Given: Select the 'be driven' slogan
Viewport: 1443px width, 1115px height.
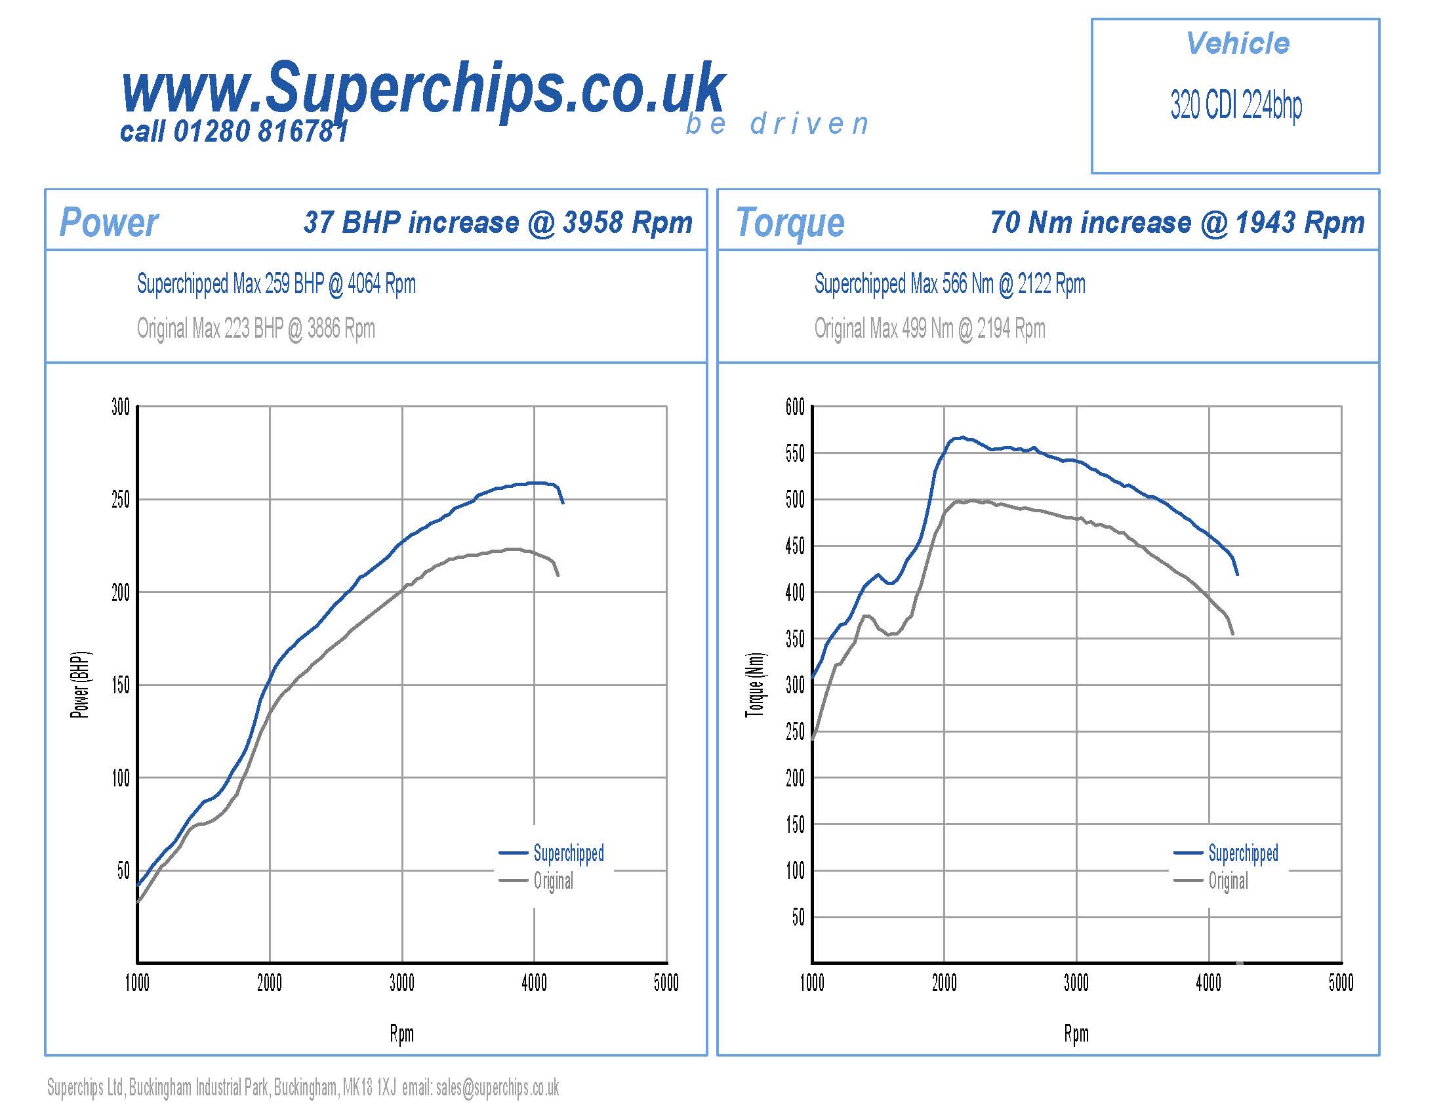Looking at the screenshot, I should [x=777, y=124].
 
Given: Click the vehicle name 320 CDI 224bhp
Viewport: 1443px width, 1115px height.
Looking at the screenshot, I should [x=1236, y=105].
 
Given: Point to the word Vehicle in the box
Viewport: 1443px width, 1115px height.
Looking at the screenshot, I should [x=1238, y=43].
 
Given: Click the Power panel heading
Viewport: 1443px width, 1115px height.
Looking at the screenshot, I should [x=109, y=222].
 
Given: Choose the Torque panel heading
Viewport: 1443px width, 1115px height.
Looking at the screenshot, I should [x=790, y=222].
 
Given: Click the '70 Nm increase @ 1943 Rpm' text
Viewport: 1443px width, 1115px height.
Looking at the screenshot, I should [x=1177, y=222].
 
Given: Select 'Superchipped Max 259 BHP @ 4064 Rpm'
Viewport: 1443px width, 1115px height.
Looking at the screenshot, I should [x=276, y=284].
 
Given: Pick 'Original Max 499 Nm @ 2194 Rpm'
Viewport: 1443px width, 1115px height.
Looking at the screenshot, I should [x=929, y=329].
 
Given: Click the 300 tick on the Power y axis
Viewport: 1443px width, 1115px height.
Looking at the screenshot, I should [x=121, y=407].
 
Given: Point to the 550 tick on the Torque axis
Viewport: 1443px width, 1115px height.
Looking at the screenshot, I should [x=795, y=454].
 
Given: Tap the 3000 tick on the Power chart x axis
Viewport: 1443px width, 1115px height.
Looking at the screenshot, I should [x=401, y=984].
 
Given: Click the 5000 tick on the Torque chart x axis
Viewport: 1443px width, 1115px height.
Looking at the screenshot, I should [x=1341, y=984].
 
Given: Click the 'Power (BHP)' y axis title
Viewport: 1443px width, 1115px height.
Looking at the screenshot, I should [x=80, y=685].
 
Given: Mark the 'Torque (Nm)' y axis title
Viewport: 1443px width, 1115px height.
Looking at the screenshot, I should [x=755, y=685].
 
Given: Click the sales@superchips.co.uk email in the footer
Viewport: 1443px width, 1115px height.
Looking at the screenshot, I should [x=497, y=1087].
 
